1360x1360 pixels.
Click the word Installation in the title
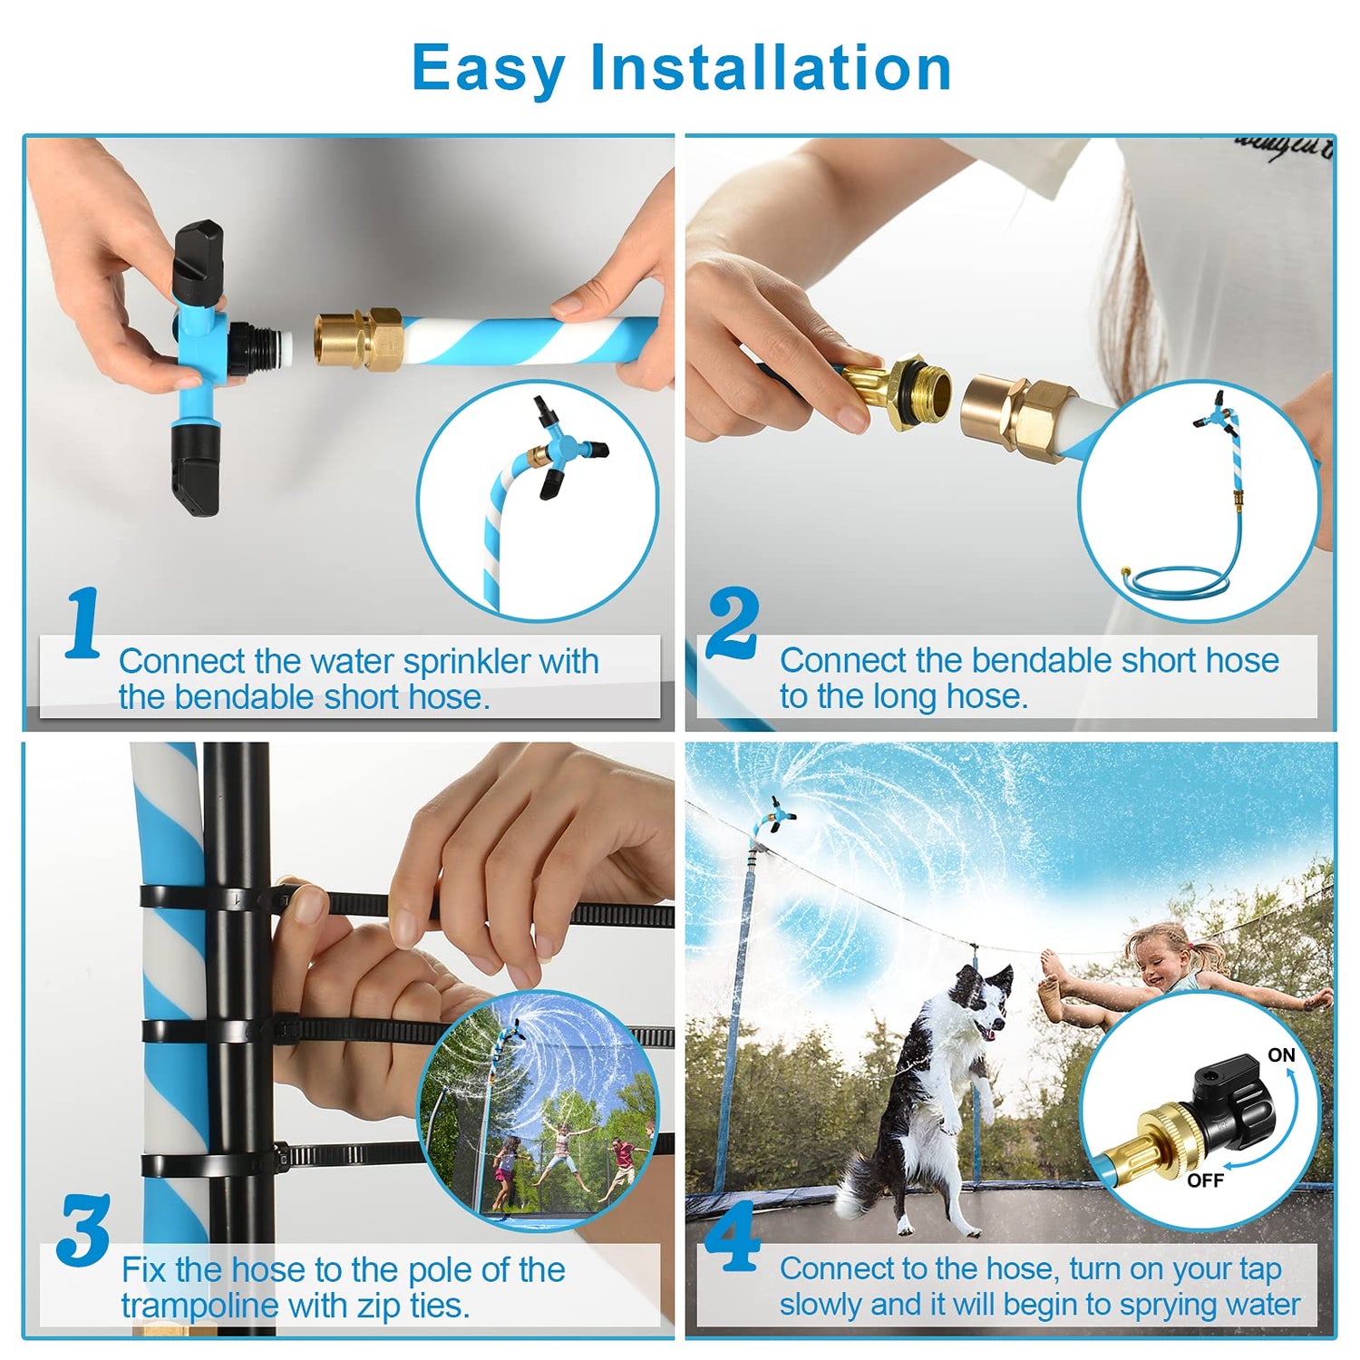click(x=771, y=67)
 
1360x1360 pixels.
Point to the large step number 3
click(x=83, y=1230)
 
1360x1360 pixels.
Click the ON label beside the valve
click(x=1281, y=1055)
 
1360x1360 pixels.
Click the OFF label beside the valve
click(x=1205, y=1180)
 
